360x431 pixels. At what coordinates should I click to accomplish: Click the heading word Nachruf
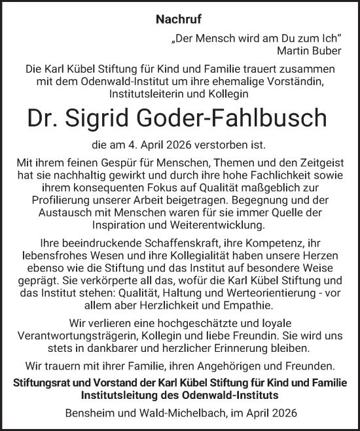tap(180, 20)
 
